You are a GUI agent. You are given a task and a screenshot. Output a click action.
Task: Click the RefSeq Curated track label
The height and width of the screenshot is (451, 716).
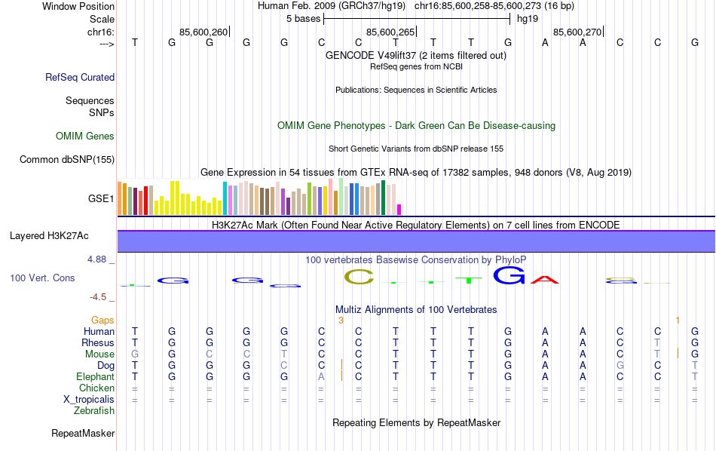click(80, 77)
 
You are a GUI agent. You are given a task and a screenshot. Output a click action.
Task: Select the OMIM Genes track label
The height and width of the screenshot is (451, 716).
click(85, 137)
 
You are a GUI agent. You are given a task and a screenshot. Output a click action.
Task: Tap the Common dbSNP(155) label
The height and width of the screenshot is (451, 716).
click(67, 159)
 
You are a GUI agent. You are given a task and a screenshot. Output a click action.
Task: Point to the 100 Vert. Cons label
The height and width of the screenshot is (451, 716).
click(42, 278)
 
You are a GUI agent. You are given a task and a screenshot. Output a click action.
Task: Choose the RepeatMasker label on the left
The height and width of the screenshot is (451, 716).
click(83, 434)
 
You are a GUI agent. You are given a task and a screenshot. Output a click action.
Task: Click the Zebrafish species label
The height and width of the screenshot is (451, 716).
click(94, 411)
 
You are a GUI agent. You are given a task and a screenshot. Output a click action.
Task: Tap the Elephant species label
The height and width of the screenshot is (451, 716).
click(95, 377)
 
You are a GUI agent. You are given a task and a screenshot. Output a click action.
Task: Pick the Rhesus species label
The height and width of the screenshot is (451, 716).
click(97, 343)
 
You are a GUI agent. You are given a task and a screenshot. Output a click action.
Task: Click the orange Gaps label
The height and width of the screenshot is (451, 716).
click(103, 321)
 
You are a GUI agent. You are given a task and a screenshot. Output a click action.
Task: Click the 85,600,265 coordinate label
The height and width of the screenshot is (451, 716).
click(390, 32)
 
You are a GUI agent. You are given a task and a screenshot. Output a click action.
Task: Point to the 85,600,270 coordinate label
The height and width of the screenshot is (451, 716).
click(577, 32)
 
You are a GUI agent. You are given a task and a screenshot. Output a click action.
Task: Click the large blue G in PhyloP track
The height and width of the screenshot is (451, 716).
click(509, 276)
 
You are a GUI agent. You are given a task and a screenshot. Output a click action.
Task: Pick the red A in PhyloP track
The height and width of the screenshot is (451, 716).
click(545, 280)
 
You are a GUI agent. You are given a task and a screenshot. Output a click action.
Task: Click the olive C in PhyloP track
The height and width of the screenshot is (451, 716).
click(359, 277)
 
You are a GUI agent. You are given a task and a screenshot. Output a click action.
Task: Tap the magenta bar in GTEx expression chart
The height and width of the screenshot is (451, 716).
click(399, 209)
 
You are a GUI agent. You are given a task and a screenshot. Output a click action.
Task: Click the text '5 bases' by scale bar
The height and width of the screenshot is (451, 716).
click(303, 18)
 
